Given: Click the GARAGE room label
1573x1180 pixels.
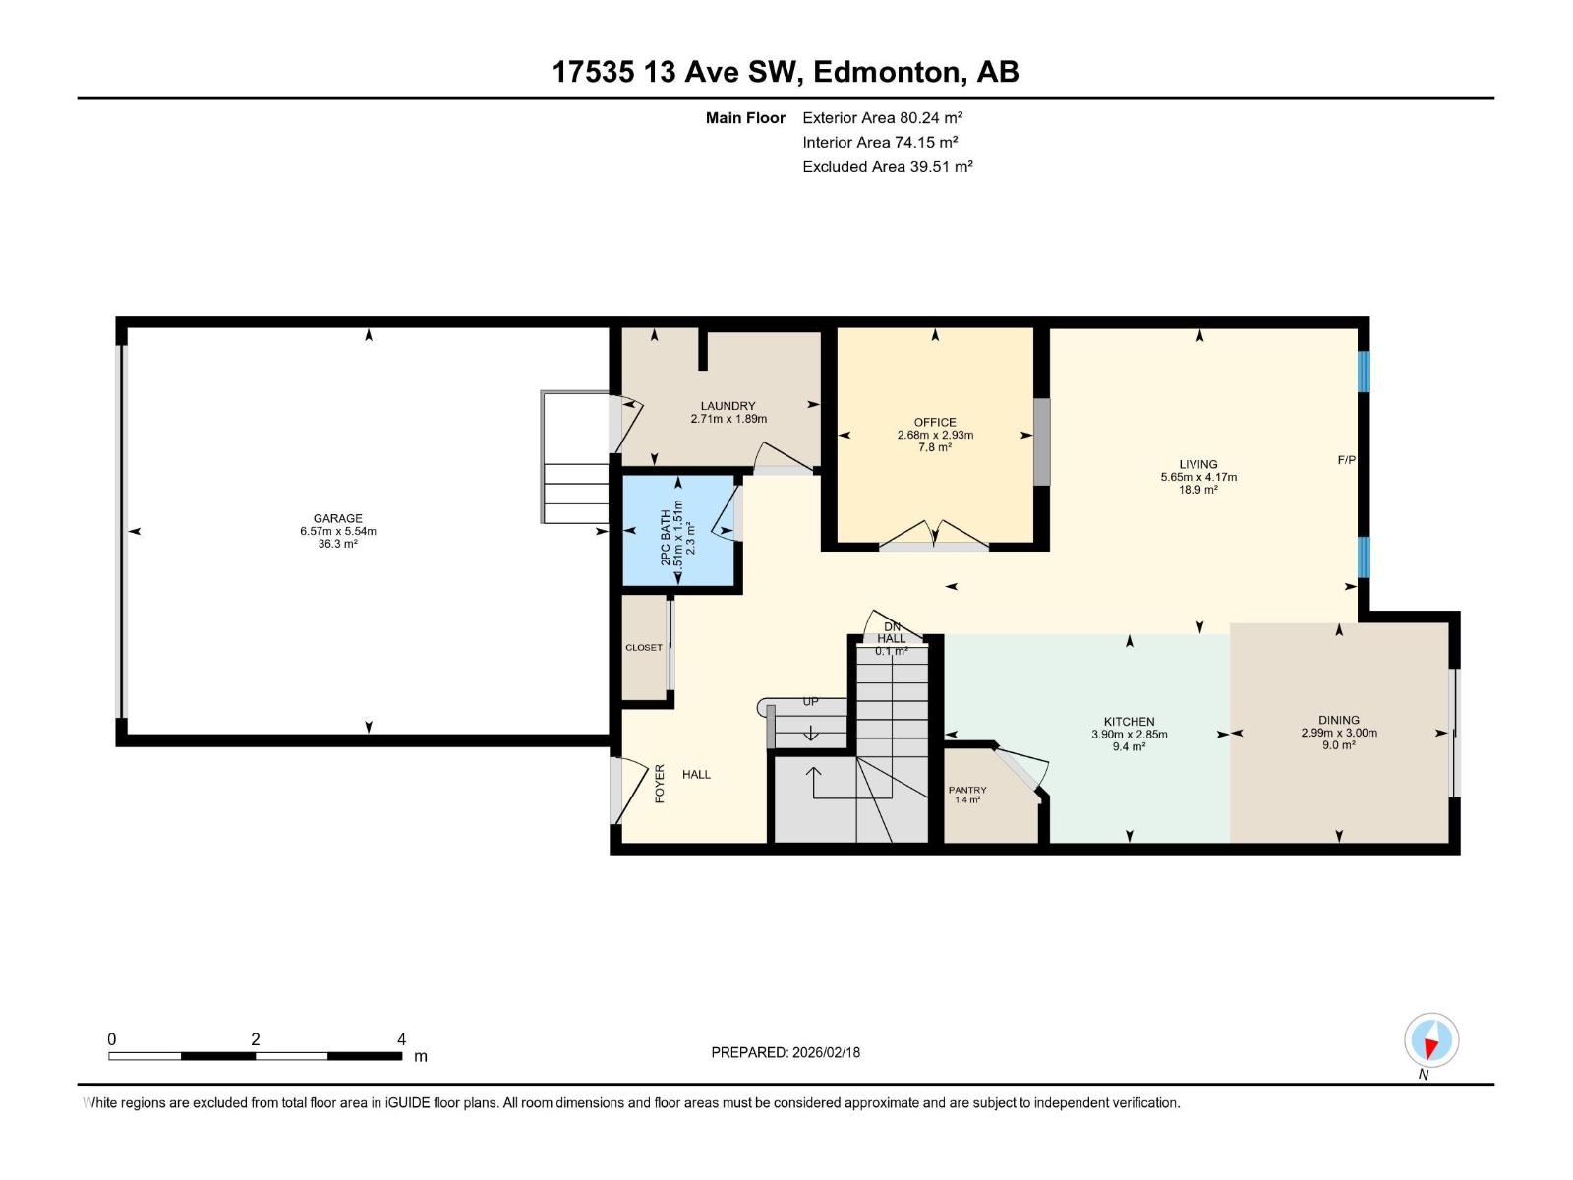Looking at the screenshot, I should [x=338, y=518].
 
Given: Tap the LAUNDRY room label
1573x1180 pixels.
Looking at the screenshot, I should [x=728, y=406].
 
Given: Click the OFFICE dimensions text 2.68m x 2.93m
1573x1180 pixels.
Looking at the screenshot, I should [x=935, y=435].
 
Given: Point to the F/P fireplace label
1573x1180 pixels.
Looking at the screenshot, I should [x=1346, y=459].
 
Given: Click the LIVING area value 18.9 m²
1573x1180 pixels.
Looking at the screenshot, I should [x=1197, y=490].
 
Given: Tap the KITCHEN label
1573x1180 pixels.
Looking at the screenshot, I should [x=1129, y=722].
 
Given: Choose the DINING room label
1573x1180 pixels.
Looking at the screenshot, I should [x=1339, y=720].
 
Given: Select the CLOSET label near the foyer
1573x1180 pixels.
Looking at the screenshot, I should [x=644, y=648].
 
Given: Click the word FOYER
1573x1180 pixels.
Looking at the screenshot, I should [x=660, y=784].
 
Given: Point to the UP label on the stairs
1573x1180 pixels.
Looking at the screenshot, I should [x=810, y=702].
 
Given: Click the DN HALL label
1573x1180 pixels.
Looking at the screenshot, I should [x=892, y=633].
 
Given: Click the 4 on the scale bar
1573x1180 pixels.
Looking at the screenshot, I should [x=401, y=1039].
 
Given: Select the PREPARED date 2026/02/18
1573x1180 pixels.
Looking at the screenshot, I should [x=825, y=1052].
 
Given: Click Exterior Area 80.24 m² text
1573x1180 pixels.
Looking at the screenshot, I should [x=882, y=117].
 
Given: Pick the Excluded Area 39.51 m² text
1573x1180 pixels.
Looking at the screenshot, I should [x=887, y=166].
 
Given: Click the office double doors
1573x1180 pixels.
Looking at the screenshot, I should [x=934, y=535].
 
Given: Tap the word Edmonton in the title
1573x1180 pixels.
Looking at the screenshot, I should [x=887, y=72].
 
